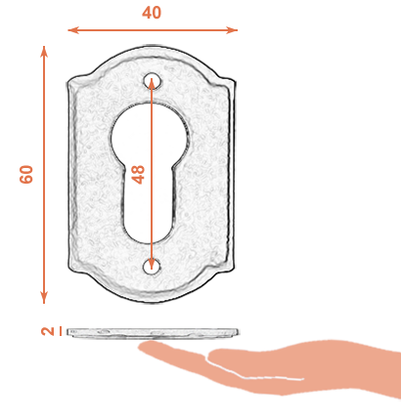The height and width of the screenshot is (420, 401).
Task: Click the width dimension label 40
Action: click(152, 13)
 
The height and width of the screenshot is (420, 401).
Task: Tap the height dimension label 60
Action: click(26, 175)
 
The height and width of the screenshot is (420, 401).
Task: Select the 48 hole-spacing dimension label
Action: click(138, 175)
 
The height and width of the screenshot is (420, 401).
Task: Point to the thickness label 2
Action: click(48, 331)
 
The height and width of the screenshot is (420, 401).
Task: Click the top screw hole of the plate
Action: click(153, 80)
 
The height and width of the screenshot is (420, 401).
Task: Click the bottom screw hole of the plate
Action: click(152, 266)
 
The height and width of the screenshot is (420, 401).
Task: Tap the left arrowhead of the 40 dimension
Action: click(72, 30)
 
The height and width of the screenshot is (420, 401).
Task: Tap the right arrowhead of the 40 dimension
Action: click(232, 30)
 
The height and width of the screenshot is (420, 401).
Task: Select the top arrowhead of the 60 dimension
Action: click(44, 52)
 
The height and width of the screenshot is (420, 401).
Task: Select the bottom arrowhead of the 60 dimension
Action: click(44, 298)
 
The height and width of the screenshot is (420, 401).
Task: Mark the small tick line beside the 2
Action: click(61, 331)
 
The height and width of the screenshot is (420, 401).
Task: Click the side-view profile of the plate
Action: click(153, 333)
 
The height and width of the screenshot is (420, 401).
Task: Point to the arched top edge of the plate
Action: click(152, 48)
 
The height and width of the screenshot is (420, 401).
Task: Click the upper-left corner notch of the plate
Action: click(78, 79)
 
